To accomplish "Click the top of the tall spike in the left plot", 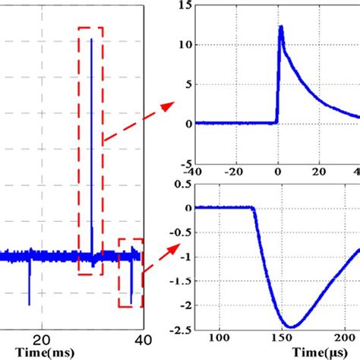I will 91,39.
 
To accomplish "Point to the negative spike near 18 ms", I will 29,304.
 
